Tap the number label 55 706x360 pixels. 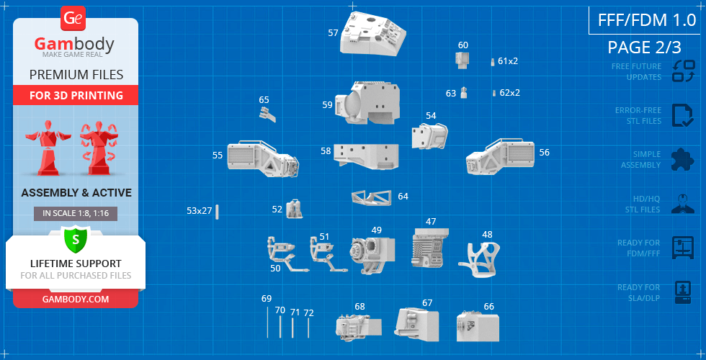click(218, 156)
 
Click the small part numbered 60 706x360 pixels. click(463, 59)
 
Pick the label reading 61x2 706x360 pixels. click(508, 60)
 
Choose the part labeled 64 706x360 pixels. click(372, 197)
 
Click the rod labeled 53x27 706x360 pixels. click(217, 212)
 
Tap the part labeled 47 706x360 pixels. click(430, 248)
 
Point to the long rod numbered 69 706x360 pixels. click(267, 323)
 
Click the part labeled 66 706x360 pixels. click(478, 326)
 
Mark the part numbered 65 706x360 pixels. click(267, 114)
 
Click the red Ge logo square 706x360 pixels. click(73, 19)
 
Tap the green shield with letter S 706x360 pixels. click(76, 239)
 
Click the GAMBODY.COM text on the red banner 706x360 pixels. click(76, 300)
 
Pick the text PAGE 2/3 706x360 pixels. click(644, 48)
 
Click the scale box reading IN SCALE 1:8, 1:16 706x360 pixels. click(76, 214)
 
